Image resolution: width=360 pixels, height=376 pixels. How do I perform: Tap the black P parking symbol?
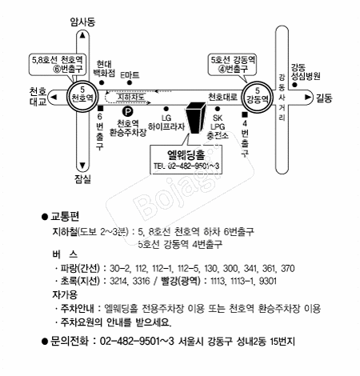point(128,112)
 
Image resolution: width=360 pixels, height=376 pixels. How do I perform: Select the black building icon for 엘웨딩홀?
point(196,118)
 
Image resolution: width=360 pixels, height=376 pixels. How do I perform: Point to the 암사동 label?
point(82,22)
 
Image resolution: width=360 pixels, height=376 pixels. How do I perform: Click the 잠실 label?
point(82,179)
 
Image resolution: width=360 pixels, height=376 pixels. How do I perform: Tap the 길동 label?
point(324,98)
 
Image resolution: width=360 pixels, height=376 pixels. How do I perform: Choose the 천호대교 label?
point(38,97)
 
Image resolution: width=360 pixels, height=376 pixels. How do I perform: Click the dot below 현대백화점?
point(102,82)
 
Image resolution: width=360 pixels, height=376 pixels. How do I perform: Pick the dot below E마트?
point(130,82)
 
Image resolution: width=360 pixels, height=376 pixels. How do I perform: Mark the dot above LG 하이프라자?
point(166,109)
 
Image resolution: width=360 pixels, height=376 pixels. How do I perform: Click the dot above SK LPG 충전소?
point(218,109)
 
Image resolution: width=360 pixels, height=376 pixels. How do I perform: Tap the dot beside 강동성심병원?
point(294,85)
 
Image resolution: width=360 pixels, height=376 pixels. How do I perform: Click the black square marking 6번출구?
point(100,109)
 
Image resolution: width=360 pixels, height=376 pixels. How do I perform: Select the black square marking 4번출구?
point(245,114)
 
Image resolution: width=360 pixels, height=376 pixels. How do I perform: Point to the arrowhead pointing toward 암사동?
point(82,35)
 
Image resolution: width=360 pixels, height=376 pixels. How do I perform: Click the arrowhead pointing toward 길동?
point(308,97)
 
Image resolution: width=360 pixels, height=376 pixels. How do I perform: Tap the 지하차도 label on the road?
point(131,97)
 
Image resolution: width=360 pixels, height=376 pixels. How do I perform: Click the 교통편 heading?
point(65,216)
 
